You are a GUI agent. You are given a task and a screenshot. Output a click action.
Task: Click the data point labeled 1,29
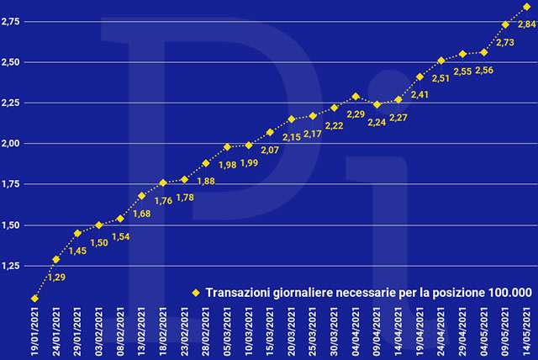[x=56, y=259]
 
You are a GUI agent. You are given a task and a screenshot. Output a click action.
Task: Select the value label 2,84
[x=527, y=24]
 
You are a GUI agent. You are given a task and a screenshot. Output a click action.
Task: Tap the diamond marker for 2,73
[x=505, y=25]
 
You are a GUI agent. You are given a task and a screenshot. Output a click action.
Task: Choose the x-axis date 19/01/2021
[x=34, y=331]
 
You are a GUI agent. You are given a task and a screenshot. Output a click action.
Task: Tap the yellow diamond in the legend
[x=195, y=293]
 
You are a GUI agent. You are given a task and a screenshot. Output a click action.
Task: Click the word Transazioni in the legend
[x=238, y=293]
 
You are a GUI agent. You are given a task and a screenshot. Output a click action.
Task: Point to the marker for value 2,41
[x=419, y=77]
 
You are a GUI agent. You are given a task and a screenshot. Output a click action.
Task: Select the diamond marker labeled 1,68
[x=141, y=196]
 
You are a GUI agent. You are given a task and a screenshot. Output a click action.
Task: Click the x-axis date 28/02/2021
[x=206, y=331]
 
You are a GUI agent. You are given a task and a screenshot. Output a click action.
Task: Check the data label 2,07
[x=268, y=149]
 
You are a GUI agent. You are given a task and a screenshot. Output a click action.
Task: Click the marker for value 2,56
[x=484, y=52]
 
